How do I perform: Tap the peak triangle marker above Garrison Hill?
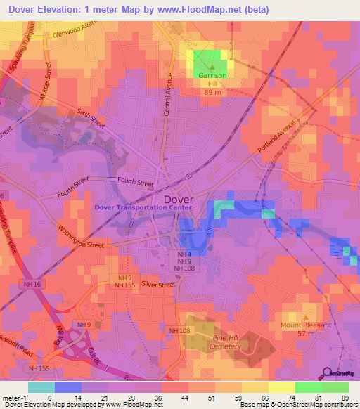(210, 67)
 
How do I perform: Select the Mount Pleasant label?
(306, 325)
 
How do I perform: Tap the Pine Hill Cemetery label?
(226, 342)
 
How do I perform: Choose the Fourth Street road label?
(135, 183)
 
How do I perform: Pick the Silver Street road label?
(157, 285)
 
